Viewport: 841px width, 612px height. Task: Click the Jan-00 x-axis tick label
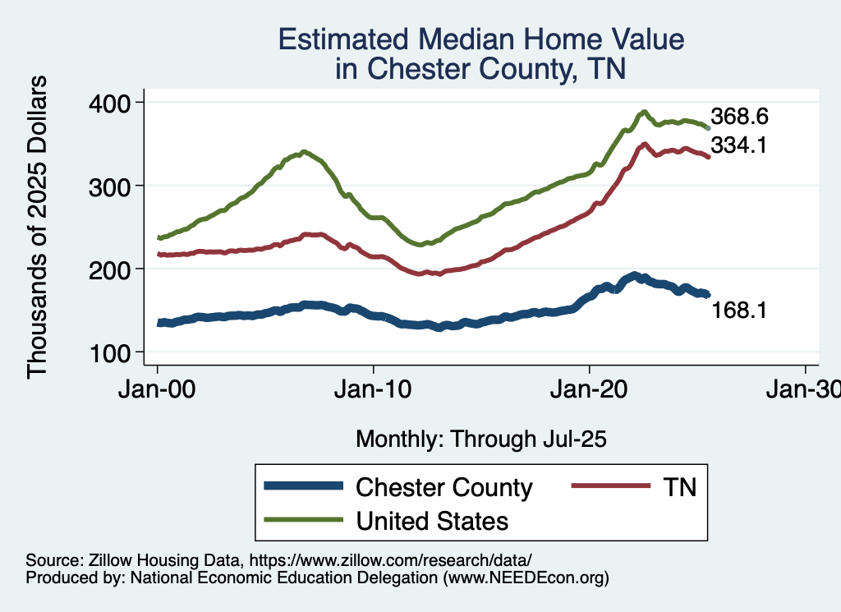(x=157, y=390)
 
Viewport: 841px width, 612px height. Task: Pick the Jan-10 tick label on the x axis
(x=374, y=390)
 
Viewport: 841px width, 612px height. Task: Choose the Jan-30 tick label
(x=803, y=390)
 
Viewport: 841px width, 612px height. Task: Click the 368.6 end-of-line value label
(x=739, y=117)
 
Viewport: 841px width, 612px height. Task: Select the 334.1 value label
(x=739, y=145)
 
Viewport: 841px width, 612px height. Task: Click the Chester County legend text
(x=443, y=487)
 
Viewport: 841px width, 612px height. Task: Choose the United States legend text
(x=432, y=521)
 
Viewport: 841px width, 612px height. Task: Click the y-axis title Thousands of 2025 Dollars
(x=39, y=228)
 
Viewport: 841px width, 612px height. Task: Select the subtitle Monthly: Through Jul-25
(x=481, y=439)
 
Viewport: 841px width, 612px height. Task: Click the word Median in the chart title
(x=494, y=40)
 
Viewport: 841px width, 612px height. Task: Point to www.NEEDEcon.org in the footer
(x=526, y=578)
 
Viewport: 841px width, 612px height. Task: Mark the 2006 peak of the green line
(x=305, y=152)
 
